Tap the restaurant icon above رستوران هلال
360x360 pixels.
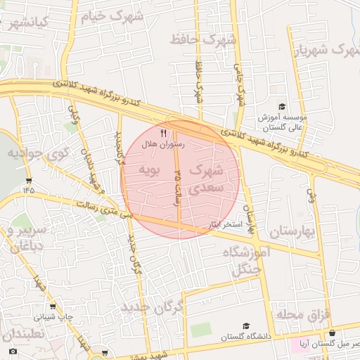pos(163,132)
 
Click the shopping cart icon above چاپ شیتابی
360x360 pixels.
pos(53,306)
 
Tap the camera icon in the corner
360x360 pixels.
pos(13,351)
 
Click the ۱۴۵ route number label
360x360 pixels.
pos(28,189)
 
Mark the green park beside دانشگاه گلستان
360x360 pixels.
pos(200,330)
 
